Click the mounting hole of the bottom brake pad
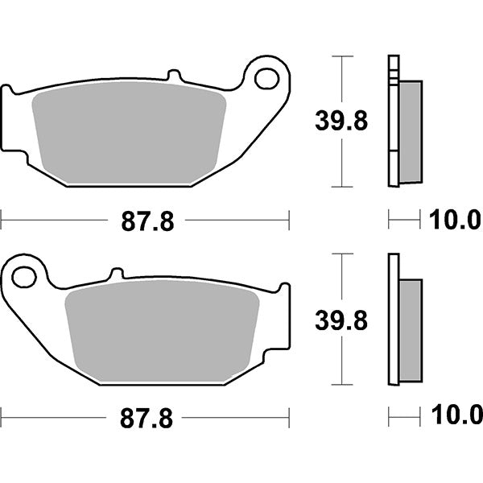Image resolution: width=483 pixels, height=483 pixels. coord(24,278)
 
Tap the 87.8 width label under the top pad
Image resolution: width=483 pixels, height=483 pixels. coord(147,220)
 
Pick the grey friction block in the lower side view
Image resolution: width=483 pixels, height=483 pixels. coord(410,329)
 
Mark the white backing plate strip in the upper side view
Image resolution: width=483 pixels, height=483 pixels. coord(393,121)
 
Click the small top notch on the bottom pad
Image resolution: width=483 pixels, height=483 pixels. coord(117,274)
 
